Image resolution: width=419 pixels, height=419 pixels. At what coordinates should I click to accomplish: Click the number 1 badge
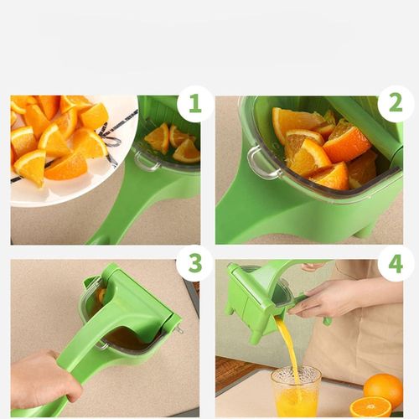tap(194, 104)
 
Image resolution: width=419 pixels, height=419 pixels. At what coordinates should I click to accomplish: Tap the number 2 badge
tap(395, 104)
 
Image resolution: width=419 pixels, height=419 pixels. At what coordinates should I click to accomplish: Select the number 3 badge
tap(194, 263)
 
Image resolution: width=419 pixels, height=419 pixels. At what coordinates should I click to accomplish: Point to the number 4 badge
tap(395, 263)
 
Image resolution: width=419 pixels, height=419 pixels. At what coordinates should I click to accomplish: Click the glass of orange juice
tap(296, 393)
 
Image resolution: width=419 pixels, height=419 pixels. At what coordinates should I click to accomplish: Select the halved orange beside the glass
tap(370, 408)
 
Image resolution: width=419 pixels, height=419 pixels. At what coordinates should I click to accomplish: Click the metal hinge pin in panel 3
tap(178, 329)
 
